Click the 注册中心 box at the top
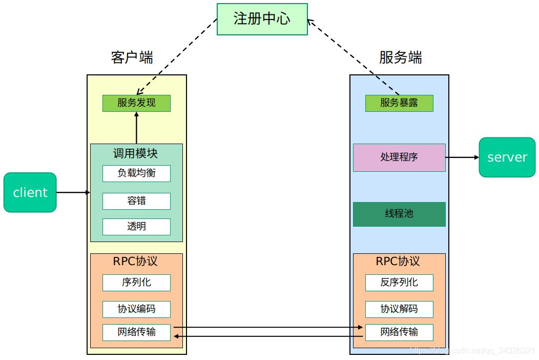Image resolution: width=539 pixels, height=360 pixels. (x=262, y=19)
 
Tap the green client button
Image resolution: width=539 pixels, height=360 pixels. (x=30, y=192)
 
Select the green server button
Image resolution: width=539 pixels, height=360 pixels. (x=507, y=157)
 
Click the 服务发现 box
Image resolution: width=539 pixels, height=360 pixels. (x=136, y=103)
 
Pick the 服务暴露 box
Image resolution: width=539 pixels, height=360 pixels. (x=399, y=103)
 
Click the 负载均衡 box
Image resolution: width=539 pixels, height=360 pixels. (x=136, y=173)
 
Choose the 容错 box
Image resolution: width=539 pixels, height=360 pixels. (x=136, y=201)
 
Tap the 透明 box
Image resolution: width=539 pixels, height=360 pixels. (x=136, y=227)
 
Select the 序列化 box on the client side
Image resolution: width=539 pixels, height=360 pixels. (x=136, y=283)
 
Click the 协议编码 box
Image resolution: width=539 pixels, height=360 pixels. (x=136, y=309)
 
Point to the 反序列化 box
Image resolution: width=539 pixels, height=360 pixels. (x=399, y=283)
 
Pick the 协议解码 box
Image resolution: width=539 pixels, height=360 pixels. (x=399, y=309)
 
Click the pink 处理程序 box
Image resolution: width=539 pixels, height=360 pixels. (x=399, y=157)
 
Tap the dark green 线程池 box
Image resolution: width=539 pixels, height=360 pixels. (x=399, y=214)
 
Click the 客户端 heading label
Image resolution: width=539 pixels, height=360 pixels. (x=132, y=57)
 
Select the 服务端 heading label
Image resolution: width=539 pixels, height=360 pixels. (x=400, y=57)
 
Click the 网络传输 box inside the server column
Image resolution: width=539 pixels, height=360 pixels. (x=399, y=332)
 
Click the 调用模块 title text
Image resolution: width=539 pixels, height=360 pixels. (x=136, y=153)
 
